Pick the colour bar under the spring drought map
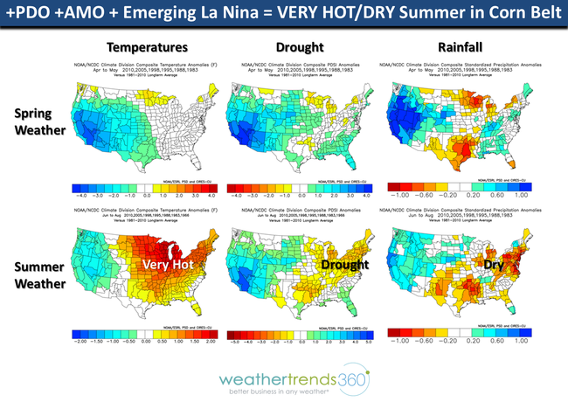[299, 186]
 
